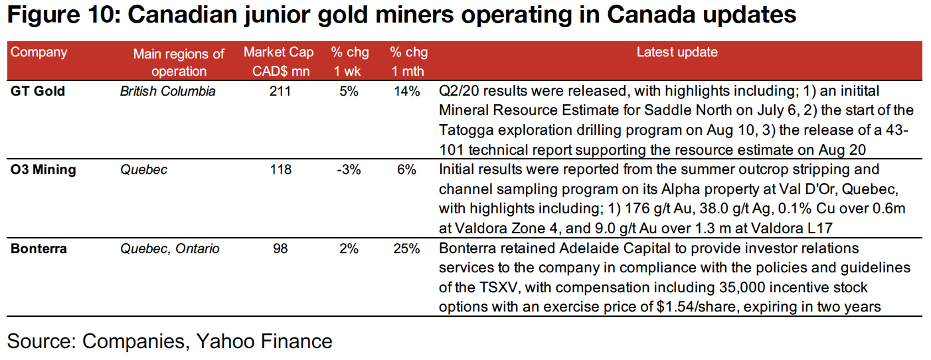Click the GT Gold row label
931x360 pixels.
tap(38, 92)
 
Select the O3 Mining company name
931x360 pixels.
tap(43, 170)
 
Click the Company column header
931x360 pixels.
tap(39, 52)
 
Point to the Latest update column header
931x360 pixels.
tap(677, 52)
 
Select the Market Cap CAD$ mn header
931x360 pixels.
tap(277, 62)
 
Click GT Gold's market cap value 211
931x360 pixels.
tap(280, 92)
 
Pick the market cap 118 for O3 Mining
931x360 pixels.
tap(280, 170)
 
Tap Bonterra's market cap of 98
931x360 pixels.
tap(280, 249)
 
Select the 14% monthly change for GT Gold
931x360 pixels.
tap(405, 92)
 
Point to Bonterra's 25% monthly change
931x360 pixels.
tap(405, 249)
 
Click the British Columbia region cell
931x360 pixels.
tap(167, 92)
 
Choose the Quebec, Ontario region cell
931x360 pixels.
tap(169, 249)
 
